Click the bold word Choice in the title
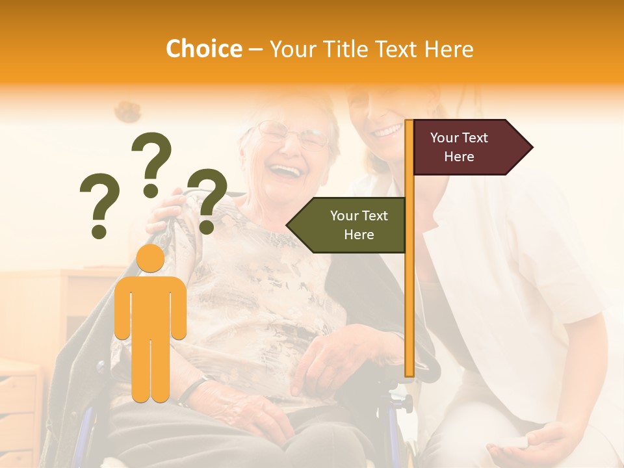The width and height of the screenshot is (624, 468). click(x=203, y=49)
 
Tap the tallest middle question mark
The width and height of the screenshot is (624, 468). click(x=151, y=162)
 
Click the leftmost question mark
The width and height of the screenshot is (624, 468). click(x=99, y=204)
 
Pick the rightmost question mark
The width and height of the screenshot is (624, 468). click(x=207, y=200)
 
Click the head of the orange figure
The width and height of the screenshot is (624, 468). click(x=150, y=259)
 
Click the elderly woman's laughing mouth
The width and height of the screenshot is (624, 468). click(x=287, y=172)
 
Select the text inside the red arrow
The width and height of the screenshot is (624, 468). click(x=459, y=148)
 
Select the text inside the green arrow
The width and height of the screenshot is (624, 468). click(x=359, y=225)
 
